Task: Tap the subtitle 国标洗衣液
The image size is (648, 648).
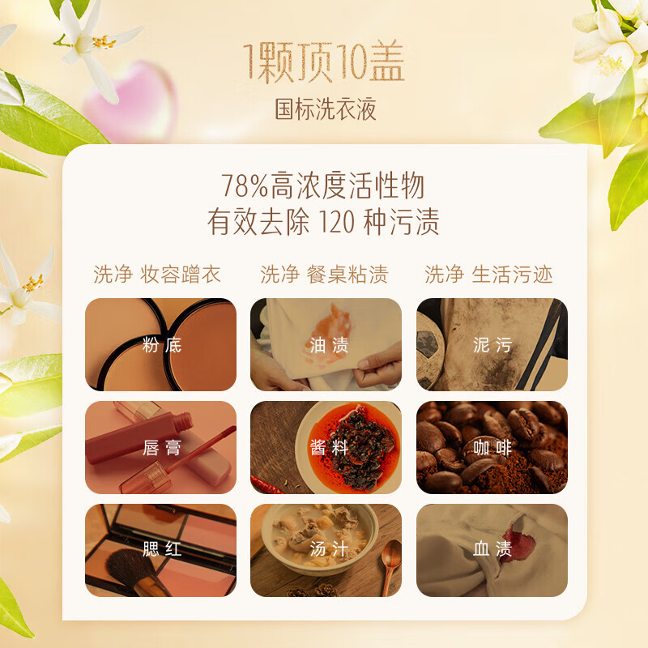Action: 326,109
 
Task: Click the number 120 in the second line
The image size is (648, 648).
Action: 337,222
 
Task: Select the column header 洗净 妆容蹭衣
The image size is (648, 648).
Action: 157,275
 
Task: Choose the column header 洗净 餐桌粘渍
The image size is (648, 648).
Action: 324,275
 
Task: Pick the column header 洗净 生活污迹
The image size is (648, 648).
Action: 489,275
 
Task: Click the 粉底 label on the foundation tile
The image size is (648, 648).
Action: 161,345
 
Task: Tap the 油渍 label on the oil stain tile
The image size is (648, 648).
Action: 329,345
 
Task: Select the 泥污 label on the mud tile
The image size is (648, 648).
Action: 492,345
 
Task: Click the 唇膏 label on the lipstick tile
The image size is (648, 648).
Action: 161,448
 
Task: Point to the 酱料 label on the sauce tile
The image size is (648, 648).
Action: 329,448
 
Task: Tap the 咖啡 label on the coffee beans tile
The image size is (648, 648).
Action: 492,448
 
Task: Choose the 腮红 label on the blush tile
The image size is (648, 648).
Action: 161,549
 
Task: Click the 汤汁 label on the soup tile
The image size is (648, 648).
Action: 329,549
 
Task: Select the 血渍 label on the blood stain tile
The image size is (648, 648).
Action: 492,549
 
